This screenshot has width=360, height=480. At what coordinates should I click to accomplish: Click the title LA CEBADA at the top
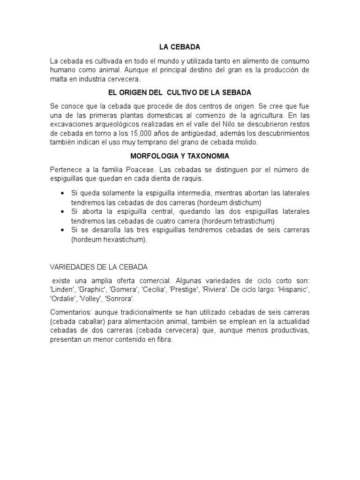(x=180, y=47)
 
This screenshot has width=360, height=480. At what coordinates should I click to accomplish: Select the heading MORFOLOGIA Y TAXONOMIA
(x=180, y=156)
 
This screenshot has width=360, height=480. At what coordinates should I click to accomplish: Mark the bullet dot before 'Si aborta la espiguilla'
(x=63, y=212)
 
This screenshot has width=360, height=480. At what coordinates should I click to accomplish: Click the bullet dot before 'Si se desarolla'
(x=63, y=230)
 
